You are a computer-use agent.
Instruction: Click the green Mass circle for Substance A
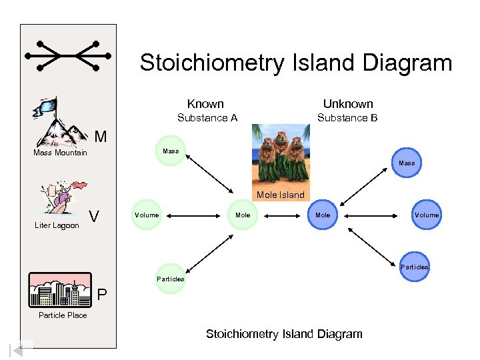pos(171,151)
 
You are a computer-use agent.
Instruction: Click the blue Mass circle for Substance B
pos(406,163)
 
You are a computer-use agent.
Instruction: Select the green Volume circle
pos(147,215)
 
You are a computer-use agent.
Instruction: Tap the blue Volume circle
pos(426,215)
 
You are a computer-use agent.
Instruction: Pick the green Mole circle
pos(243,215)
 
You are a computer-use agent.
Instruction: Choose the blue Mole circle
pos(323,215)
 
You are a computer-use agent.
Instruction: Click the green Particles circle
pos(170,279)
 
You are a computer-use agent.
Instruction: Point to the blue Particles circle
pos(414,267)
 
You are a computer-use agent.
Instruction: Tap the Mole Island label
pos(281,195)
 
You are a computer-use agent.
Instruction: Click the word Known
pos(205,103)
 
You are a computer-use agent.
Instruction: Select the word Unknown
pos(348,103)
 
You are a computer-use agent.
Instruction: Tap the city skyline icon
pos(62,291)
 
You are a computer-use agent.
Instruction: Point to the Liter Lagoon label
pos(57,225)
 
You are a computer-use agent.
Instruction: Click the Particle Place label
pos(63,315)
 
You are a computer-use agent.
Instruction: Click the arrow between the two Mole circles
pos(283,215)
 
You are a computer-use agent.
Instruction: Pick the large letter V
pos(95,217)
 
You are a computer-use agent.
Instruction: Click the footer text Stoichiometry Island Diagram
pos(284,333)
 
